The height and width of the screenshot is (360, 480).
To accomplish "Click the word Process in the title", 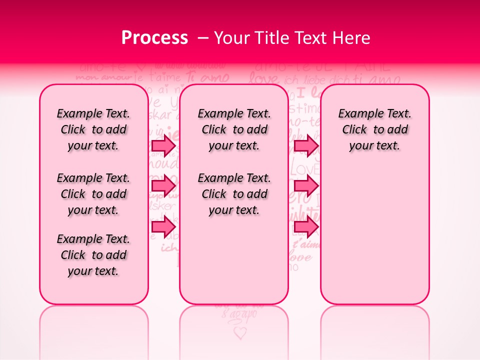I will (154, 38).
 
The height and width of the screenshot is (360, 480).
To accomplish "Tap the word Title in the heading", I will (273, 38).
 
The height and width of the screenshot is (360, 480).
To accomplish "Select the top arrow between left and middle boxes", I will (163, 146).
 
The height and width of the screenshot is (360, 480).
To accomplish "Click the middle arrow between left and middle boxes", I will (163, 186).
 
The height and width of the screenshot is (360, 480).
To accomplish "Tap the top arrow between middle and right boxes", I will (306, 146).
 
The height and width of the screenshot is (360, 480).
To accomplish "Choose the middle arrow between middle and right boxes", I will (306, 186).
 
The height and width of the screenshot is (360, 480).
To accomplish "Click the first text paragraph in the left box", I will (93, 129).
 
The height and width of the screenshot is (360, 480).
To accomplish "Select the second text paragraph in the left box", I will (93, 194).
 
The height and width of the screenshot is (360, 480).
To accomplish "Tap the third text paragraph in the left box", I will (93, 255).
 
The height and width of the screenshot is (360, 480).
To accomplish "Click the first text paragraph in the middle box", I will (234, 129).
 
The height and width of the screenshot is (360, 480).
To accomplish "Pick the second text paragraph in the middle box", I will (234, 194).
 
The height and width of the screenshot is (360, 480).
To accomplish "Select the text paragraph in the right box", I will (375, 129).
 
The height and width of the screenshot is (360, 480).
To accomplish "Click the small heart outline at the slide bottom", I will (240, 332).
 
